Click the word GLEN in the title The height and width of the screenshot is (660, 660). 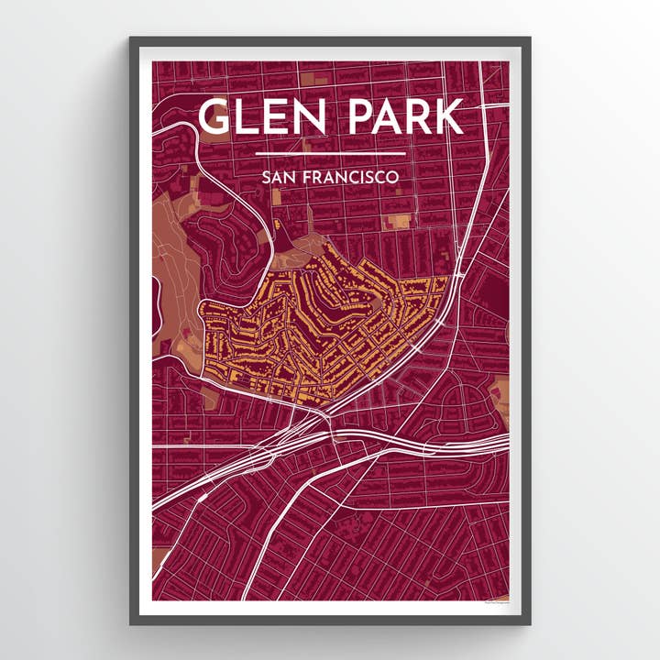(264, 117)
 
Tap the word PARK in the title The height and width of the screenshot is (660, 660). (403, 117)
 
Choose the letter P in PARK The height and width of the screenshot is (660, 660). (361, 117)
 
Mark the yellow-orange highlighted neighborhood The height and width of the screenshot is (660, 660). (321, 330)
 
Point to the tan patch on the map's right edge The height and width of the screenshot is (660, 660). (500, 389)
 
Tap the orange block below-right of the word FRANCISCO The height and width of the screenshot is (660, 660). (399, 221)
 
